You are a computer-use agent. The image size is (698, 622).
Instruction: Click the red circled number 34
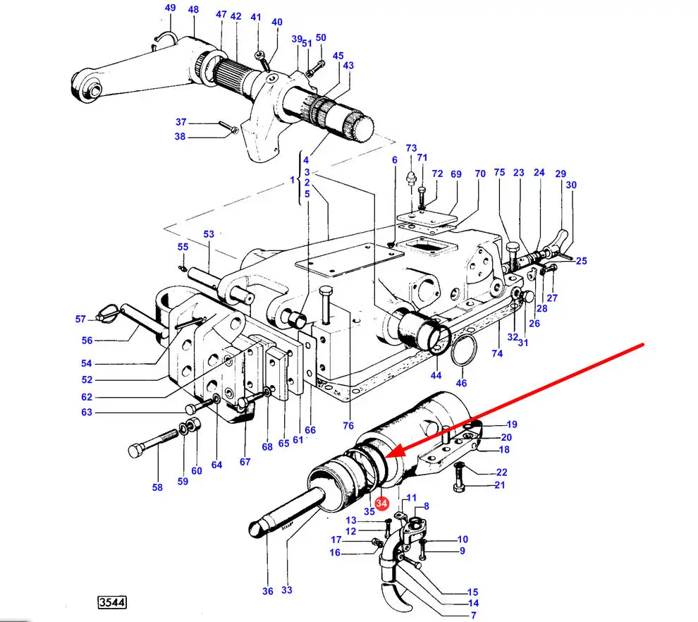(x=381, y=503)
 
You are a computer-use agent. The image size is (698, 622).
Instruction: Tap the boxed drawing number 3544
(x=112, y=602)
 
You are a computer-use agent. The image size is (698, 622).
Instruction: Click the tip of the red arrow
(x=386, y=457)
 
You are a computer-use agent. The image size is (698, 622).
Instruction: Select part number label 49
(x=170, y=8)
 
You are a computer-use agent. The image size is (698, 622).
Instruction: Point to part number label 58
(x=157, y=487)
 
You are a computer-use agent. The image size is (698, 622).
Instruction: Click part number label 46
(x=461, y=383)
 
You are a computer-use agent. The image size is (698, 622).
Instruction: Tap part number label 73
(x=411, y=148)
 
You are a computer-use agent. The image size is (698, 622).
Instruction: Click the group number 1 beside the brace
(x=293, y=180)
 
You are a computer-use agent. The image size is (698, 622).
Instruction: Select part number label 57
(x=80, y=319)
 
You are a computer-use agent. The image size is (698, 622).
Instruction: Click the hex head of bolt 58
(x=135, y=451)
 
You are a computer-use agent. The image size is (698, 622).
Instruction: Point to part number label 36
(x=267, y=591)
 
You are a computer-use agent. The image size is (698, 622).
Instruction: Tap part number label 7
(x=474, y=616)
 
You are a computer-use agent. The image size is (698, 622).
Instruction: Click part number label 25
(x=582, y=261)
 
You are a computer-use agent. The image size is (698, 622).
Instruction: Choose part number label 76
(x=348, y=426)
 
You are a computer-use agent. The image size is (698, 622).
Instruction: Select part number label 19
(x=512, y=425)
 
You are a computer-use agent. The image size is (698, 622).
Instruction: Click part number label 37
(x=180, y=122)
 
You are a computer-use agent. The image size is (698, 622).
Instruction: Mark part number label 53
(x=209, y=233)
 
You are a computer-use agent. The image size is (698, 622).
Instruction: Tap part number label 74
(x=497, y=353)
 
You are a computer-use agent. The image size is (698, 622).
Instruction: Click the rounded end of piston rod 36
(x=257, y=529)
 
